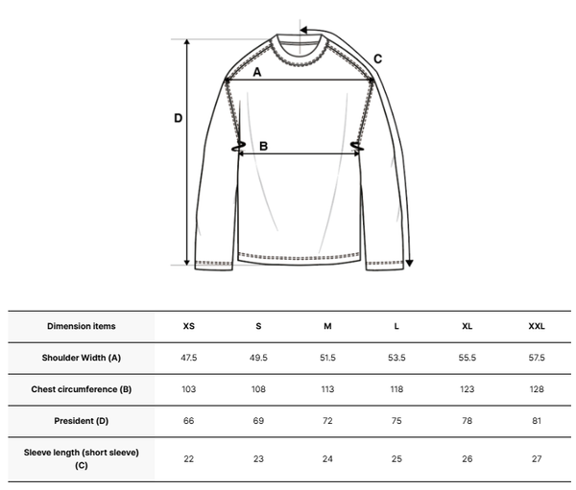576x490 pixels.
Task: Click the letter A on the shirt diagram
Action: (x=257, y=72)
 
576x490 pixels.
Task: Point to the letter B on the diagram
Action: (x=263, y=146)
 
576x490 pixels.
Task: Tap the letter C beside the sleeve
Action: (x=377, y=58)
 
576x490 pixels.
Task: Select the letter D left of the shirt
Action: (x=179, y=118)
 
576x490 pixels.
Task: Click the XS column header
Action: (x=189, y=326)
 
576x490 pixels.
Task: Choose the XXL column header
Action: (x=537, y=326)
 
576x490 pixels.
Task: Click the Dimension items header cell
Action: (x=82, y=326)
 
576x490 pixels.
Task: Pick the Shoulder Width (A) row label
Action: (x=82, y=358)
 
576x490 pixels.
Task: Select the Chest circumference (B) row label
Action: (x=82, y=389)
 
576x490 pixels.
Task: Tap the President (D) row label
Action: (x=82, y=421)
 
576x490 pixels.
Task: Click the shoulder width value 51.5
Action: (x=327, y=358)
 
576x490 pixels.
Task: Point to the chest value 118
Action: (x=396, y=389)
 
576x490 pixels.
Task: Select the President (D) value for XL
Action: (x=467, y=421)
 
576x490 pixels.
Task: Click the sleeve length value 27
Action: (x=537, y=458)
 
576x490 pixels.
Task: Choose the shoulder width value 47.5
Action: (x=189, y=358)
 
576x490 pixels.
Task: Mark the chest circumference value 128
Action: (x=537, y=389)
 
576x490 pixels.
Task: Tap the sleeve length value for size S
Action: (x=258, y=458)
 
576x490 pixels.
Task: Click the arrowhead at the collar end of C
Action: (x=303, y=30)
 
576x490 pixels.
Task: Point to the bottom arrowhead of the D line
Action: (x=186, y=262)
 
